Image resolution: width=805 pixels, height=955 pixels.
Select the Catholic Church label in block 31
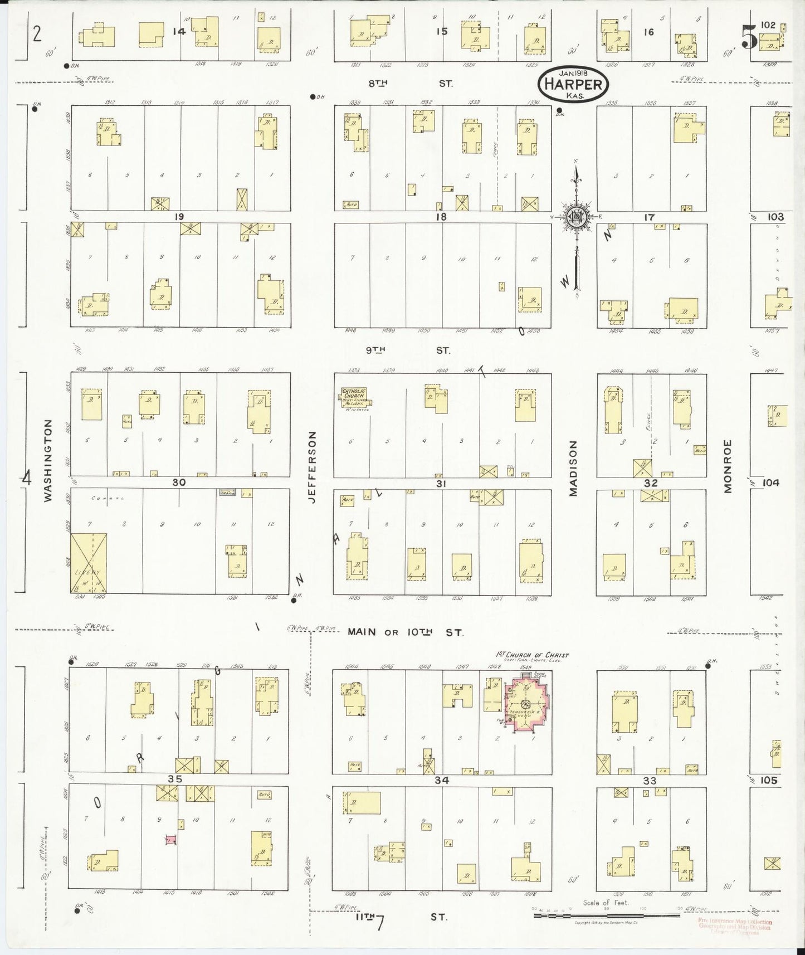click(354, 395)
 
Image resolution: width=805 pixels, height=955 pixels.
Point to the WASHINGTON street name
click(48, 460)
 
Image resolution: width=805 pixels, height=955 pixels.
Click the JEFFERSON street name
click(312, 467)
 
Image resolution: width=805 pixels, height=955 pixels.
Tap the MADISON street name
click(573, 467)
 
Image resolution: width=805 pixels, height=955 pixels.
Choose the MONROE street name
click(728, 466)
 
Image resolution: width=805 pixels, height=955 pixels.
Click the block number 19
click(178, 217)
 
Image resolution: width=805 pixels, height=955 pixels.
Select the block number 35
click(175, 779)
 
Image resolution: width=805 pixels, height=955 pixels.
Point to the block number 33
click(650, 781)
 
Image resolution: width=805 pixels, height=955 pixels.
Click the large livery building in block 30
click(89, 562)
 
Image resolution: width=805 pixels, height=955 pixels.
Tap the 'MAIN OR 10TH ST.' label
click(405, 632)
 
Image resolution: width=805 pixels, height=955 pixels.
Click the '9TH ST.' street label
click(408, 350)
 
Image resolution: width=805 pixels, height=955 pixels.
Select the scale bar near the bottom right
click(607, 915)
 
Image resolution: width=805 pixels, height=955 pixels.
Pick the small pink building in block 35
click(171, 839)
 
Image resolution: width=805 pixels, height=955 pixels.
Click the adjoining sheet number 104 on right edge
click(770, 483)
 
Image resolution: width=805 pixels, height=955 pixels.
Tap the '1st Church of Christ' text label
click(532, 655)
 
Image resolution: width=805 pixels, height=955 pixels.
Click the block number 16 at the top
click(648, 32)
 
